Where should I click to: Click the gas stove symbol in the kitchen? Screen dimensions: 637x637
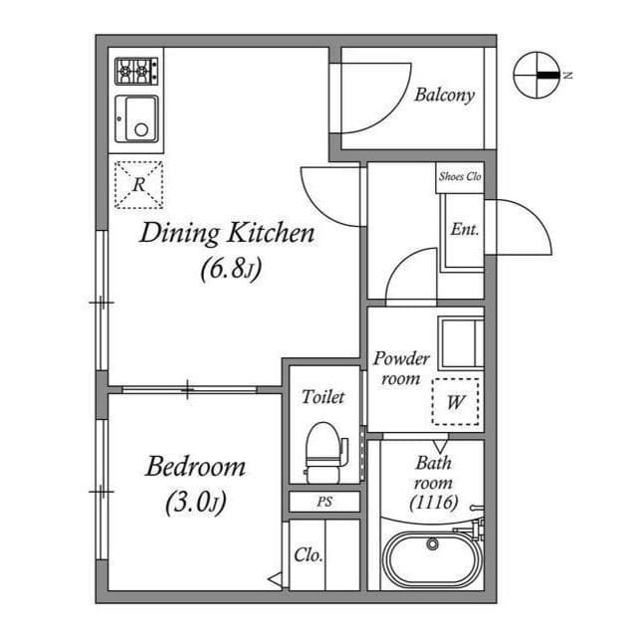point(136,71)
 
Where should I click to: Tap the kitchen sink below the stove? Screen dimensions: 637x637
point(136,119)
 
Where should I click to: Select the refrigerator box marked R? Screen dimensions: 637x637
point(137,184)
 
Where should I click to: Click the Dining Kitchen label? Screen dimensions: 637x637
point(227,234)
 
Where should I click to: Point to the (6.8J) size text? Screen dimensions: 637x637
point(230,269)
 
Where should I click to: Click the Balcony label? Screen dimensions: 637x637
point(444,96)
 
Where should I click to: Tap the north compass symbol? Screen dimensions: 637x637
point(537,75)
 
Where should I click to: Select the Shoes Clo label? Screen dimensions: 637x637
point(460,177)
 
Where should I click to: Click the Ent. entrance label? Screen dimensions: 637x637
point(465,229)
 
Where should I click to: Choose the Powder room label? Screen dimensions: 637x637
point(401,368)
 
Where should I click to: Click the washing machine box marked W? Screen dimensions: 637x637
point(456,403)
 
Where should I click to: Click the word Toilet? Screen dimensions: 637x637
point(322,397)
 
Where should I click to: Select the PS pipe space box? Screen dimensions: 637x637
point(324,502)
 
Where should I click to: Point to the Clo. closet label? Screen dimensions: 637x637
point(308,555)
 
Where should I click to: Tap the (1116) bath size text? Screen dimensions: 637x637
point(434,503)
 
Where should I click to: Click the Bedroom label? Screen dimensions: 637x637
point(195,466)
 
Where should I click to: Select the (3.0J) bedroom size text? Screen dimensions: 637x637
point(196,503)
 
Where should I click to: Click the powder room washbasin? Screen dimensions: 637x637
point(461,341)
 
